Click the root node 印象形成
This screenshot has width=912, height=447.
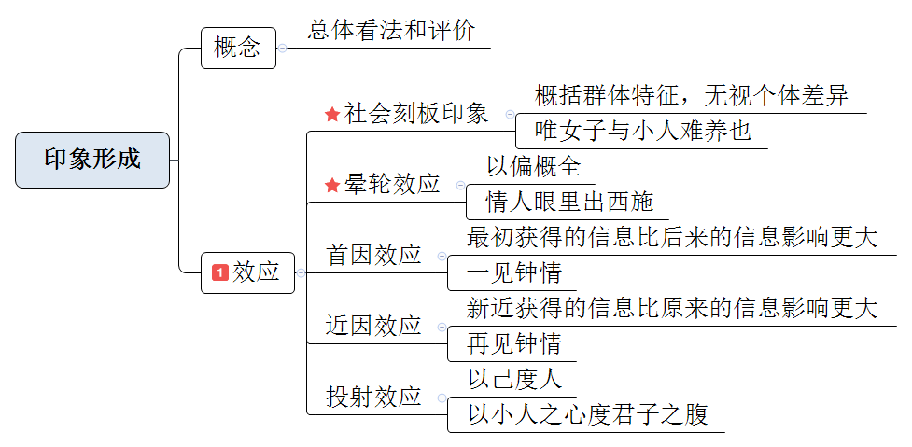92,160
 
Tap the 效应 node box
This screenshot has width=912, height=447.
248,272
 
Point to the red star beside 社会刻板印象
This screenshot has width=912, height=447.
332,115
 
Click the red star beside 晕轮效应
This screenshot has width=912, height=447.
332,186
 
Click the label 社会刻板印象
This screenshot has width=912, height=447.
416,114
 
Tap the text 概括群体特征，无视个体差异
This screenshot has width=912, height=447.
691,95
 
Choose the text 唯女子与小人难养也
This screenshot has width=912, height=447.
643,131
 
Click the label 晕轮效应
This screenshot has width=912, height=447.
392,185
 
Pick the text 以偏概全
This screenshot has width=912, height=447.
533,167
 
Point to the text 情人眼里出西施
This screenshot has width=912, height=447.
569,202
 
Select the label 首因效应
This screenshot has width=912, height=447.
373,256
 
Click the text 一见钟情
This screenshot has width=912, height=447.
514,273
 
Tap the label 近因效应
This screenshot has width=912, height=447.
373,327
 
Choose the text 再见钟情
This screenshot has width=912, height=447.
514,344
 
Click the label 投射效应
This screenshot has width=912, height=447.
373,398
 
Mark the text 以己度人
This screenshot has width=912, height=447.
514,380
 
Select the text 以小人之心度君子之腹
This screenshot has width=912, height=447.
587,415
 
